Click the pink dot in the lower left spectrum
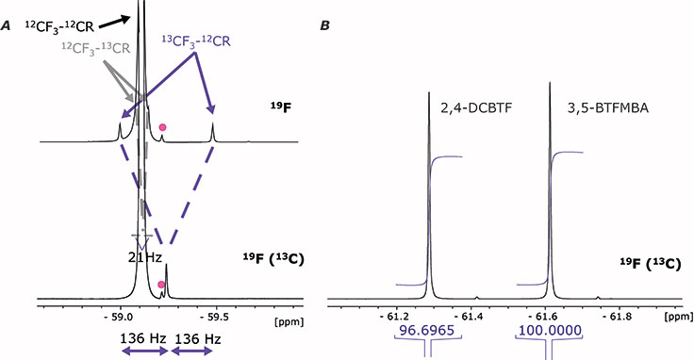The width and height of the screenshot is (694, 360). tap(163, 284)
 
